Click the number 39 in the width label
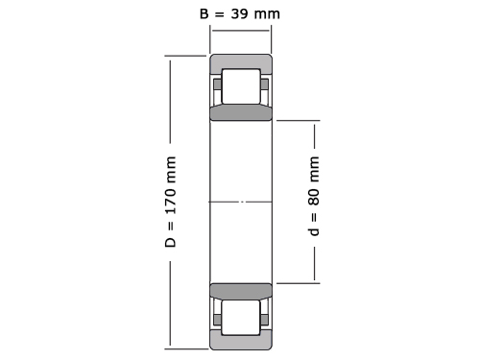[x=240, y=13]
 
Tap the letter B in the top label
[x=204, y=13]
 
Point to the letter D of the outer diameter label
[x=171, y=242]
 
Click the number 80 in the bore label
[x=314, y=197]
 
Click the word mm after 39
[x=267, y=14]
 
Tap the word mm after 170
[x=171, y=169]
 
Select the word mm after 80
[x=314, y=169]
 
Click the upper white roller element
[x=241, y=86]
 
